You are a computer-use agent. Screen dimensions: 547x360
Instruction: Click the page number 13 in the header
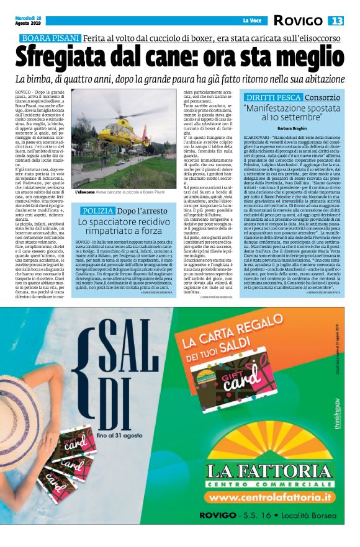click(x=336, y=21)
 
